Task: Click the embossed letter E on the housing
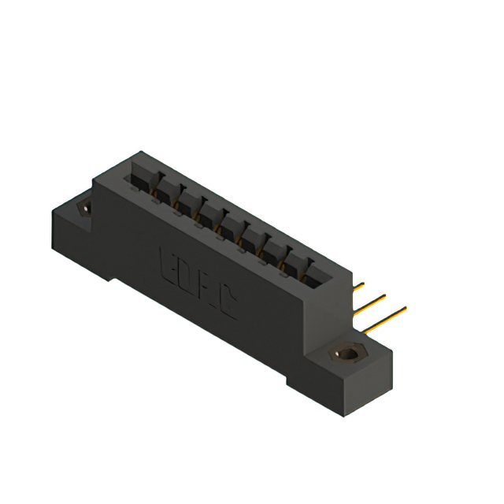click(x=168, y=263)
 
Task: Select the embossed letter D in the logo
click(x=187, y=276)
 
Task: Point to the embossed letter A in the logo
click(x=207, y=290)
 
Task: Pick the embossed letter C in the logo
click(x=228, y=303)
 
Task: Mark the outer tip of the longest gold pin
click(x=406, y=308)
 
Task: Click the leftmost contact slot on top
click(x=139, y=180)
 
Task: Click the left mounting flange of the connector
click(x=75, y=224)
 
